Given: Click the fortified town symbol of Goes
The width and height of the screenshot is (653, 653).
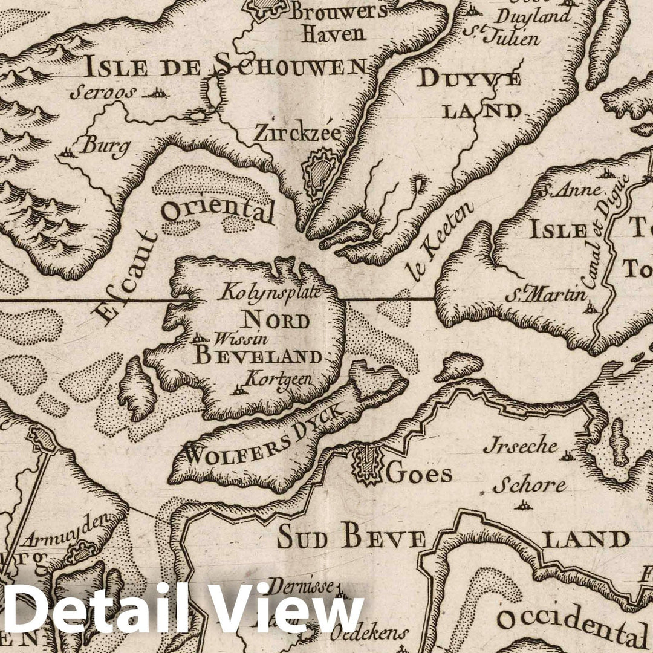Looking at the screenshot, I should click(x=366, y=465).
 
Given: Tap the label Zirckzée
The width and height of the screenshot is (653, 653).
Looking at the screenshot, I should click(x=297, y=132).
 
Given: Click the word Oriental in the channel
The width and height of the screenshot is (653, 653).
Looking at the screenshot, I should click(x=218, y=210).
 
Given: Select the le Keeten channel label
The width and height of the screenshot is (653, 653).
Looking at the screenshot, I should click(x=441, y=242).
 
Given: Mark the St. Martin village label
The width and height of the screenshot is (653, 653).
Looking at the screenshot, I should click(x=546, y=296).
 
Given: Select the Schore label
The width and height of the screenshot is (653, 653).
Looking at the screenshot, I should click(x=529, y=486).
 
